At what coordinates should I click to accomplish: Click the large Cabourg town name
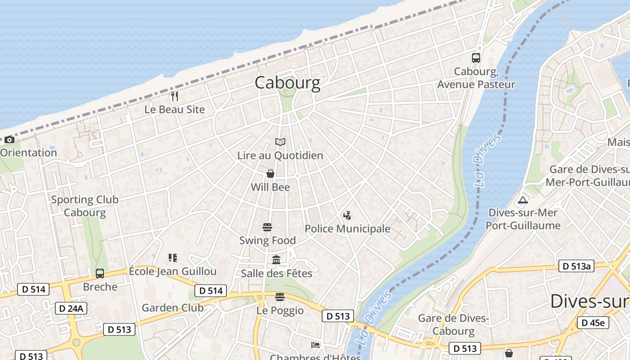pos(288,83)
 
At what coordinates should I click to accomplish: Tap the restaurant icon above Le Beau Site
pos(175,96)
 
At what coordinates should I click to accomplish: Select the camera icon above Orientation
pos(9,140)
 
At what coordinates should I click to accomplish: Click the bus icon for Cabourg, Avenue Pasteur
pos(476,58)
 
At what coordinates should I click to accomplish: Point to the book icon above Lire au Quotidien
pos(280,142)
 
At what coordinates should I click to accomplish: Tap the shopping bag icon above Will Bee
pos(270,174)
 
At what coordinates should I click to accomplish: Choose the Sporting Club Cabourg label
pos(85,206)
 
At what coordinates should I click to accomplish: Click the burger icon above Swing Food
pos(267,227)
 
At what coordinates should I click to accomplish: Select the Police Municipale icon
pos(347,216)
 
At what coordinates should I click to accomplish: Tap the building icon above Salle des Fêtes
pos(276,260)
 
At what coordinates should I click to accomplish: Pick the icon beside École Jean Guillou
pos(173,258)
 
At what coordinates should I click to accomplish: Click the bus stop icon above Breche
pos(100,273)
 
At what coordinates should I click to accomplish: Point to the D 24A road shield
pos(71,308)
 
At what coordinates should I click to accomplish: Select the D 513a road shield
pos(576,266)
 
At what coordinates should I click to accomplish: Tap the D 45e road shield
pos(593,323)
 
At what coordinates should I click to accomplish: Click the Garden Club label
pos(173,308)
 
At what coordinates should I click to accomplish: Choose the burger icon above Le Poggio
pos(280,297)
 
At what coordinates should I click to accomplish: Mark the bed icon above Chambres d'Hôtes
pos(315,345)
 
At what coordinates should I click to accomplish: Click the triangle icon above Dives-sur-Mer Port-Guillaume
pos(522,200)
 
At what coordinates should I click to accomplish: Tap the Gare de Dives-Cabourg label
pos(453,325)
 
